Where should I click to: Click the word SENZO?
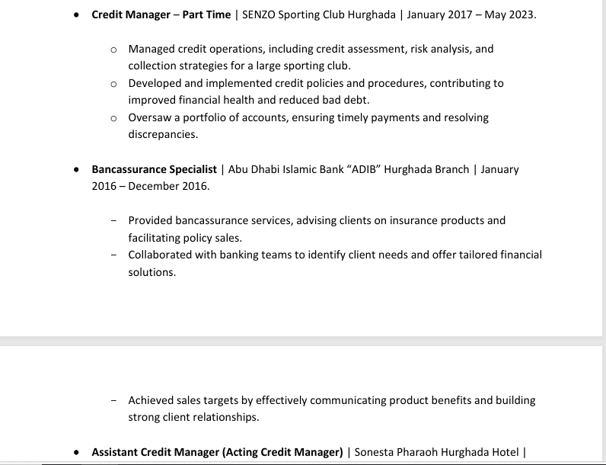[260, 14]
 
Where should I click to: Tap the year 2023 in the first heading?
[520, 14]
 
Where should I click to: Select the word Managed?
[151, 49]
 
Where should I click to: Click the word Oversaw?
[148, 117]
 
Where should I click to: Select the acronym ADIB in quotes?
[364, 169]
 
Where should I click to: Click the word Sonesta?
[376, 452]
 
